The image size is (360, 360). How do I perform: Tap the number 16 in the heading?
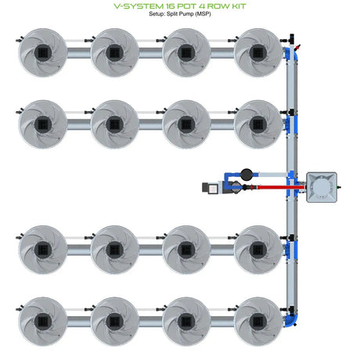(173, 6)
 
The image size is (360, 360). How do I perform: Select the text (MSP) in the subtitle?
(203, 14)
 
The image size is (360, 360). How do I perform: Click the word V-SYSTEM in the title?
(139, 6)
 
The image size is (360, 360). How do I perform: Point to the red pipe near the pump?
(281, 187)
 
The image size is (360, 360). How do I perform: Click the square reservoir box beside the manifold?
(322, 187)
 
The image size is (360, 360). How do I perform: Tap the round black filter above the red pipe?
(247, 175)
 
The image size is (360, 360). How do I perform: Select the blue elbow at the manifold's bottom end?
(292, 320)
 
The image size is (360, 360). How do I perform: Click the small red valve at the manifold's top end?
(297, 48)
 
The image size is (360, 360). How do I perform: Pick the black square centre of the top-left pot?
(43, 52)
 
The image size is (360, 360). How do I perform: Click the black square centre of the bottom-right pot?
(258, 322)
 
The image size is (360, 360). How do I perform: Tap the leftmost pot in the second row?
(43, 124)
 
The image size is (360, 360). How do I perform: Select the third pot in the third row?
(186, 250)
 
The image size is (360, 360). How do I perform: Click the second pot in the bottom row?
(114, 322)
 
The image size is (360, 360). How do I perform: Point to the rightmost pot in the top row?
(258, 52)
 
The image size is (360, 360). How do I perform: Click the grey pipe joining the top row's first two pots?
(79, 53)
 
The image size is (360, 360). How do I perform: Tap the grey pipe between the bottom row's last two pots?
(222, 322)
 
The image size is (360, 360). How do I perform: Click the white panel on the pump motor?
(214, 188)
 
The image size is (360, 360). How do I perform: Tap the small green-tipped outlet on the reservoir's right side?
(339, 187)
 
